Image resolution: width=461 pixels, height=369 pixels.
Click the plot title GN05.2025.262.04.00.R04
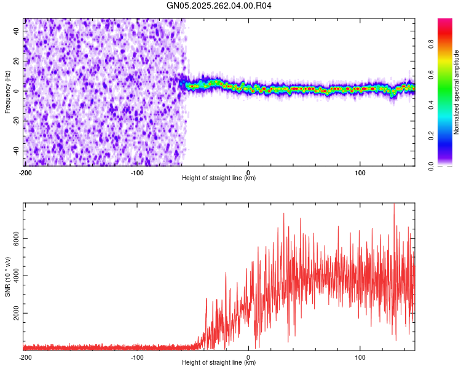[219, 6]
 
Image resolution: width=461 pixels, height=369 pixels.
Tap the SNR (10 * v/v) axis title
[7, 276]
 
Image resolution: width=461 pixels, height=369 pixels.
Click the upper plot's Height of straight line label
[219, 178]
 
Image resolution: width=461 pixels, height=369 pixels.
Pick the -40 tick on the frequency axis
[15, 151]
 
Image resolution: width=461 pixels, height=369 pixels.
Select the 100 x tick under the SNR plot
[360, 357]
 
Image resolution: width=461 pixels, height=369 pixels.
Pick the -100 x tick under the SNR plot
[136, 357]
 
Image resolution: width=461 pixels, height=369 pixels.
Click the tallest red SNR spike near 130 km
[393, 205]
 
